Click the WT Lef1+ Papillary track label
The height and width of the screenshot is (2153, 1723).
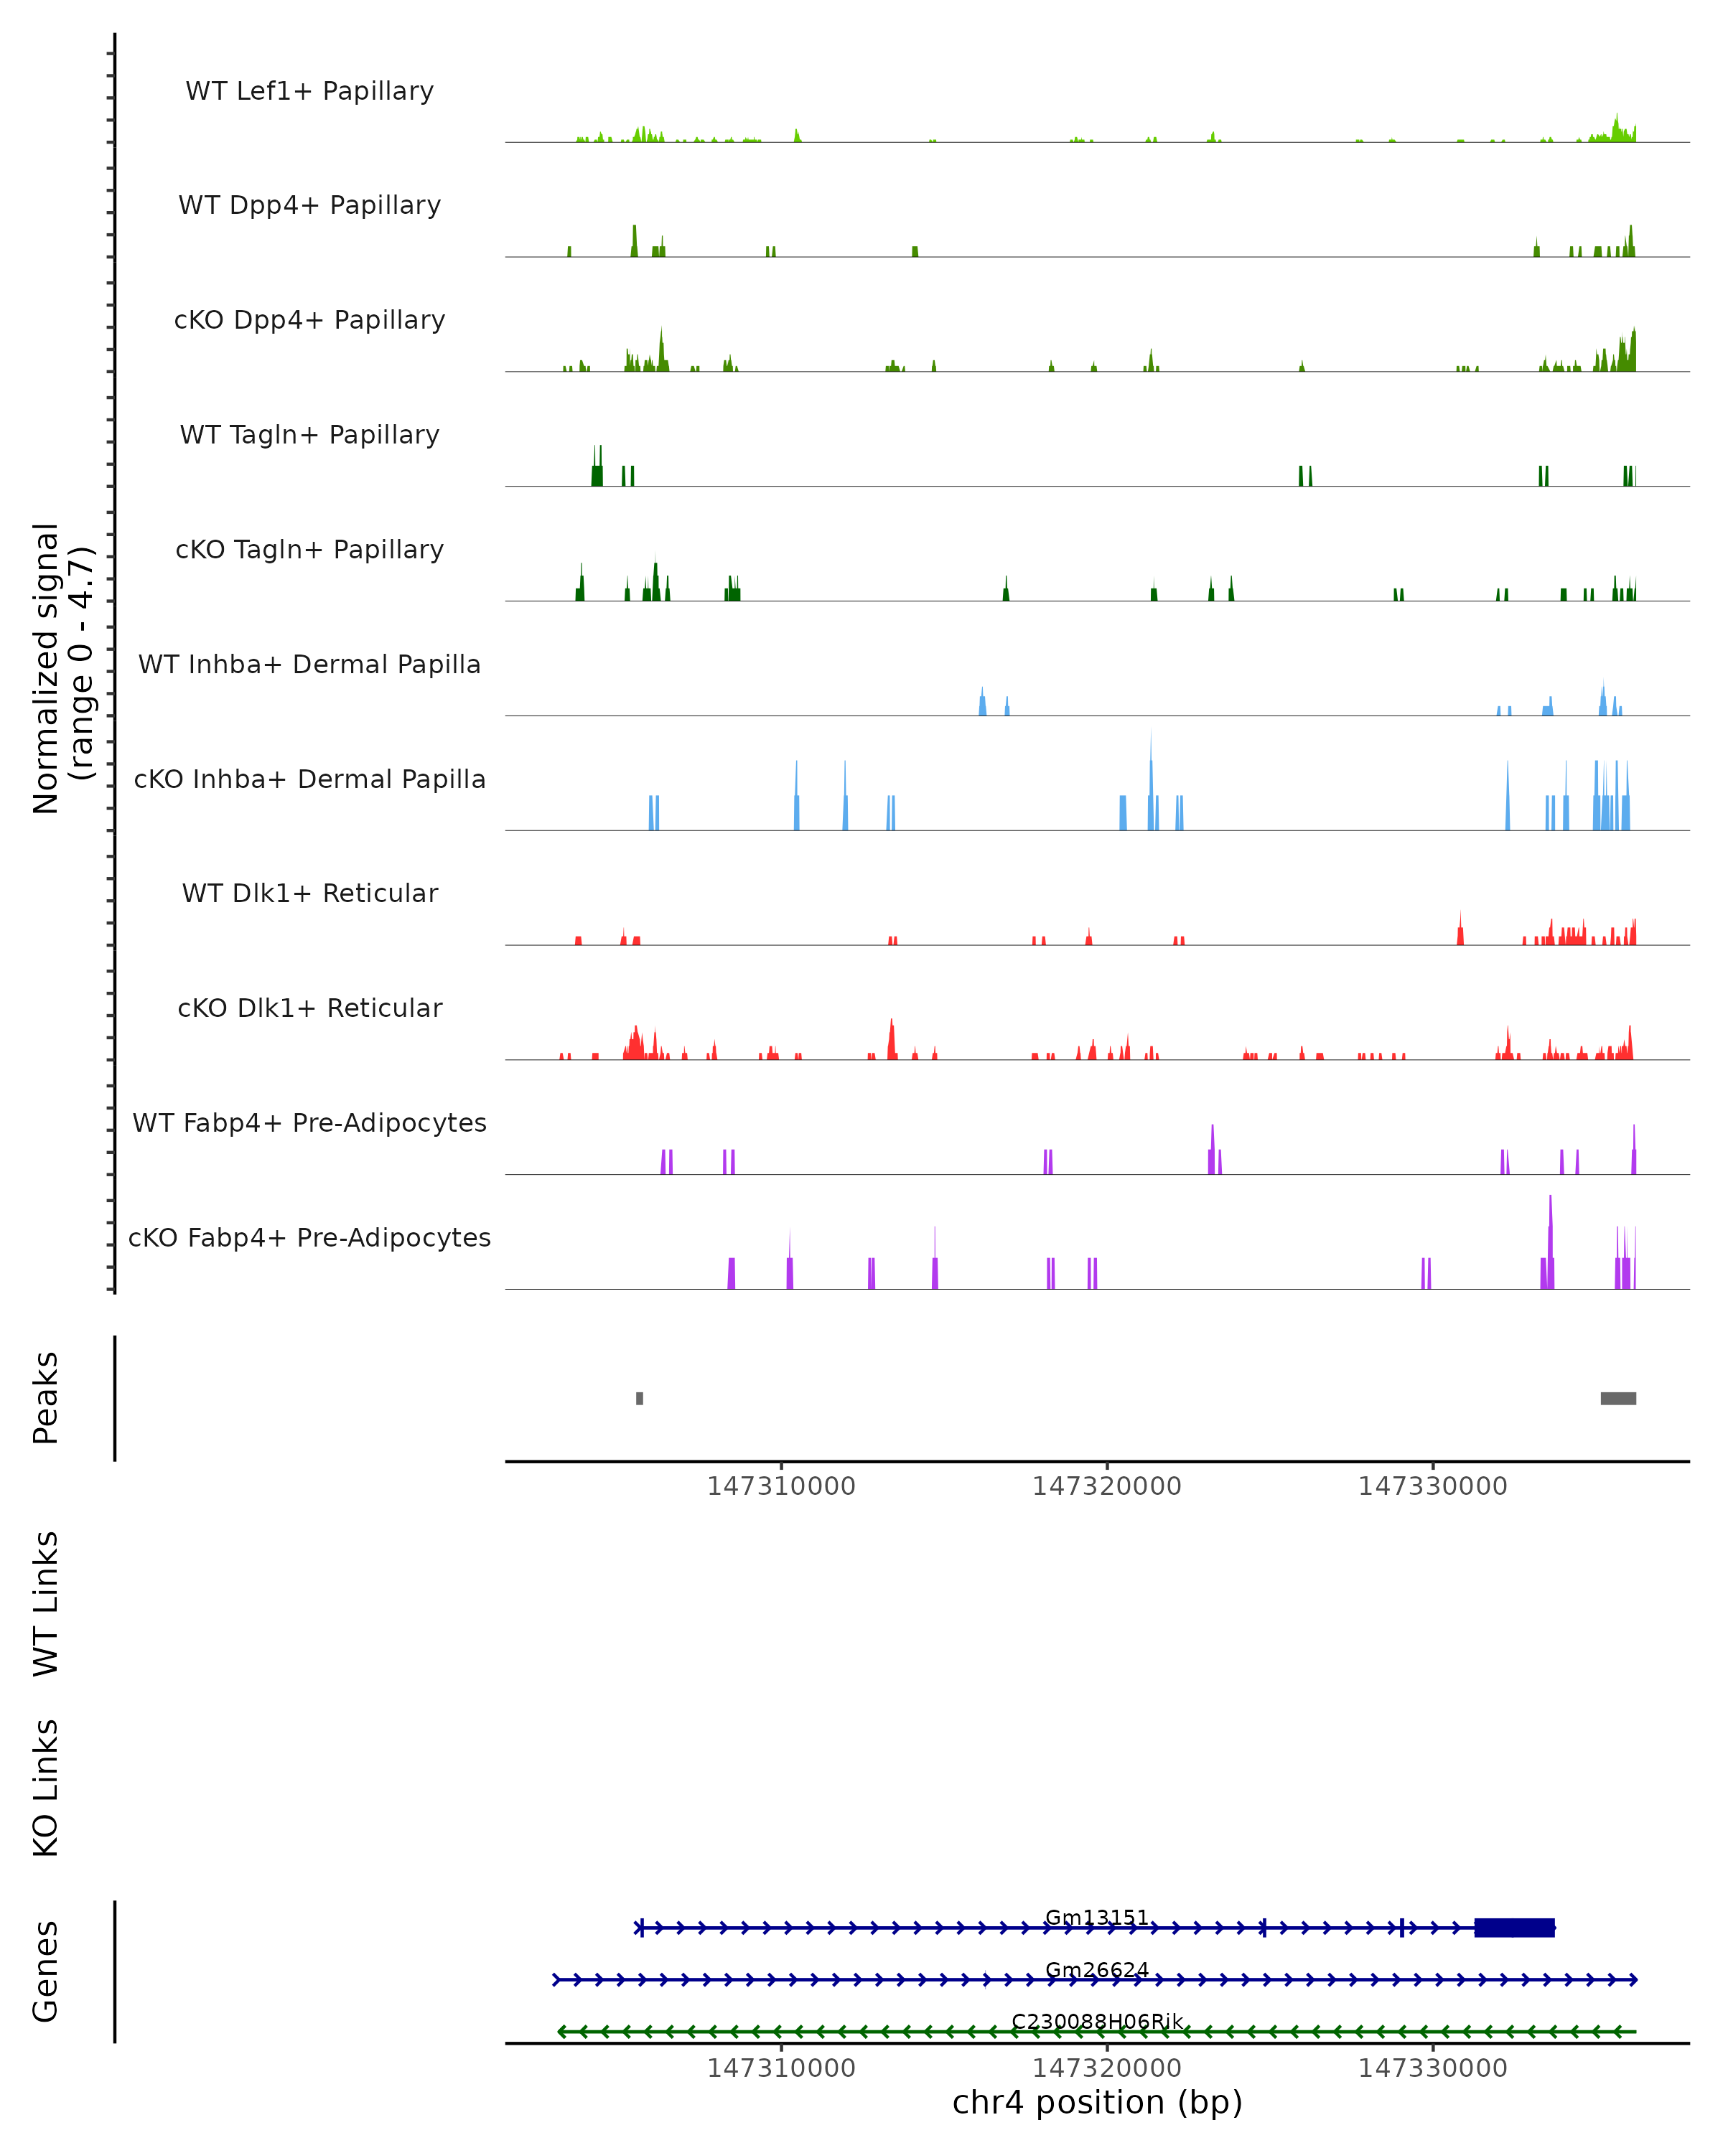tap(309, 91)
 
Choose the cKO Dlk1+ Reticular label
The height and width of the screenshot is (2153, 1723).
tap(309, 1008)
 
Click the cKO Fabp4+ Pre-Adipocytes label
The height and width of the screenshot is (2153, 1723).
tap(309, 1237)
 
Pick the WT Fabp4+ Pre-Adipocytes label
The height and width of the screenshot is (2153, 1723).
tap(309, 1122)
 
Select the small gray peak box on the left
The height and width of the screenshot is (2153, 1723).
tap(639, 1398)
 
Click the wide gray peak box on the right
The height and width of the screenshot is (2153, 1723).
tap(1618, 1398)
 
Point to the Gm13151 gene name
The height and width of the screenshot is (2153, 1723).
tap(1097, 1918)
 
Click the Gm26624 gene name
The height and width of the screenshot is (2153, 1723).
tap(1097, 1969)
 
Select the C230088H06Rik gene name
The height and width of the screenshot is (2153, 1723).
tap(1097, 2021)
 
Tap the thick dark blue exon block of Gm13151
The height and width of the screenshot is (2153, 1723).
tap(1514, 1928)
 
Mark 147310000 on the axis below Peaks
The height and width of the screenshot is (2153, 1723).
tap(781, 1486)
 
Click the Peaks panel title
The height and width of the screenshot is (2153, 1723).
tap(46, 1398)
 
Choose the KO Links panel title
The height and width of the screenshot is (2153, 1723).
tap(46, 1788)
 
